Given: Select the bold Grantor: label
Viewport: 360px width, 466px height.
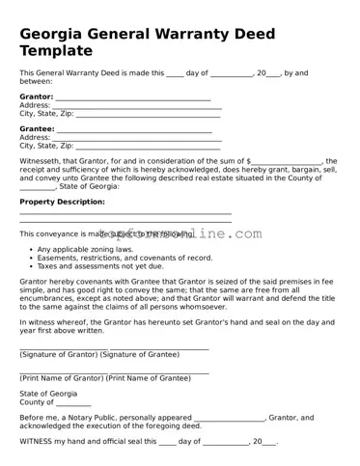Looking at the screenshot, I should coord(37,97).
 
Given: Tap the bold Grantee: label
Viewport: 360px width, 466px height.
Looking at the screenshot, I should coord(37,128).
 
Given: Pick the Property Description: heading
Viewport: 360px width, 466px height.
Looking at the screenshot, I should coord(62,202).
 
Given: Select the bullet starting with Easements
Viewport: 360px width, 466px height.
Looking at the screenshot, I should coord(125,258).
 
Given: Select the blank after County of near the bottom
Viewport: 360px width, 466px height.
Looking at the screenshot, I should coord(73,403).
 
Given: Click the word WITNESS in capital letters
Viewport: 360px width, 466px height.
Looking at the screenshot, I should coord(37,441).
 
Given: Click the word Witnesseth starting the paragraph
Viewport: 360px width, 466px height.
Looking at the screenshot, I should coord(42,161).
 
